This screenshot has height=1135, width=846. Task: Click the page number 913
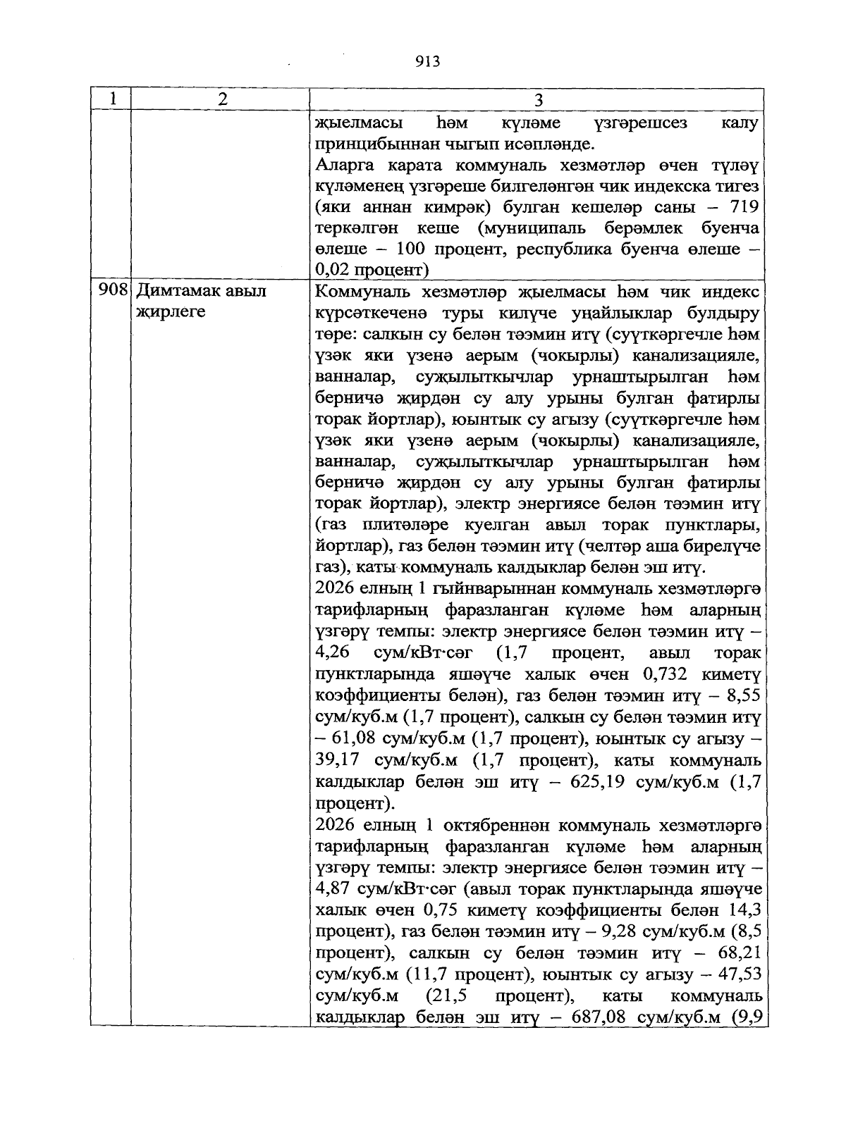[x=427, y=61]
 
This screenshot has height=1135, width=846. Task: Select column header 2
[x=222, y=99]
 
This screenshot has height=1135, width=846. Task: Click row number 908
[x=112, y=291]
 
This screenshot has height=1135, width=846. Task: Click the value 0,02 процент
[x=372, y=270]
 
